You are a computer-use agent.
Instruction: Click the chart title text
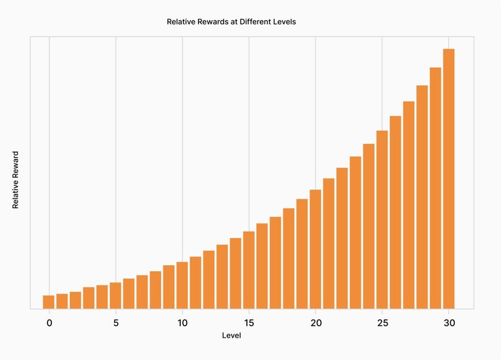tap(230, 21)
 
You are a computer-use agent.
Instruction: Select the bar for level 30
tap(448, 178)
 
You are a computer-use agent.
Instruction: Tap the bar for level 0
tap(48, 302)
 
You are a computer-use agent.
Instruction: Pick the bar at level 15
tap(249, 270)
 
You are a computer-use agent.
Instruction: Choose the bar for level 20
tap(315, 249)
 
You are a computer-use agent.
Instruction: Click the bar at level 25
tap(382, 219)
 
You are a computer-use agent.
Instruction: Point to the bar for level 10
tap(182, 285)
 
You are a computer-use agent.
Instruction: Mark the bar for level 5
tap(115, 296)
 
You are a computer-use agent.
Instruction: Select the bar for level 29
tap(435, 188)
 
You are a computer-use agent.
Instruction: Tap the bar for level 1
tap(62, 301)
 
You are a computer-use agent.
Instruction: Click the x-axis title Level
tap(232, 336)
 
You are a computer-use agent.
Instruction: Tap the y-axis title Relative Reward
tap(16, 180)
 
